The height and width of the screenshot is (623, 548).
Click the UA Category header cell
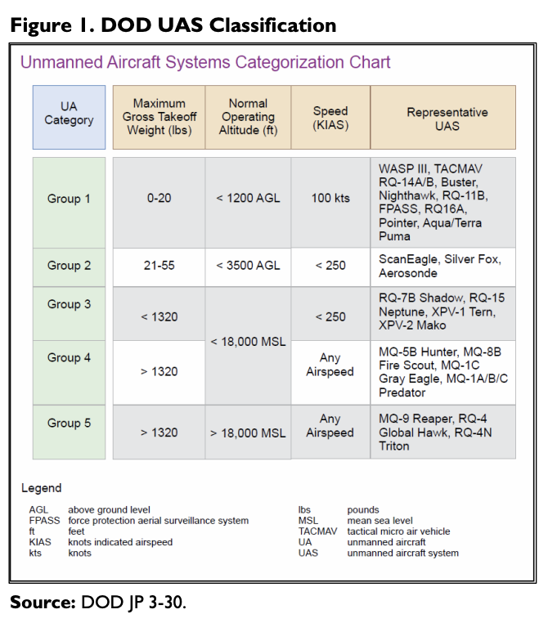[70, 117]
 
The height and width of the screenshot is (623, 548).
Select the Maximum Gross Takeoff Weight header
[159, 117]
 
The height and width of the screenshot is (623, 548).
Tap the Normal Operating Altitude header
[248, 117]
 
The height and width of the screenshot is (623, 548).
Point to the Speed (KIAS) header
[330, 117]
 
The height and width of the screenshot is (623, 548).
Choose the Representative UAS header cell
[443, 117]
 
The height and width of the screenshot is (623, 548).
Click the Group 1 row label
[70, 203]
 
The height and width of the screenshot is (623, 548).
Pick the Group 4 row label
[70, 373]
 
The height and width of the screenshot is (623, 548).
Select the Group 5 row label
[70, 433]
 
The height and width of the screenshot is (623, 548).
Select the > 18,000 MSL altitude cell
[248, 433]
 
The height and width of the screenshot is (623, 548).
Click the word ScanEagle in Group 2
[409, 259]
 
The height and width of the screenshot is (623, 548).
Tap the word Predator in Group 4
[402, 392]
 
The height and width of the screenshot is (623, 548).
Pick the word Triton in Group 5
[393, 446]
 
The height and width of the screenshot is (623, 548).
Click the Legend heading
[42, 488]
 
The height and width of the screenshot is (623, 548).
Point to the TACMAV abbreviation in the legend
[317, 531]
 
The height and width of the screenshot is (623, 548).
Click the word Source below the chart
[43, 603]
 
